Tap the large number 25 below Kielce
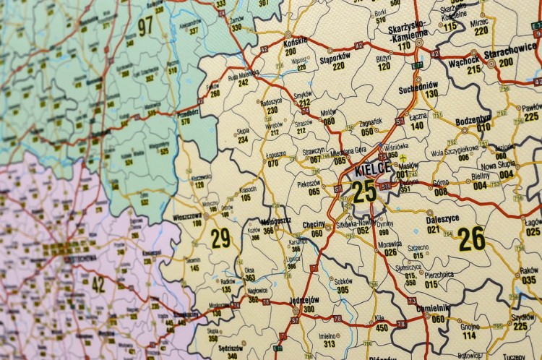(x=364, y=192)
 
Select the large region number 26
(x=471, y=238)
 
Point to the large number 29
(x=220, y=236)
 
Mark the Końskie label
(x=296, y=42)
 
